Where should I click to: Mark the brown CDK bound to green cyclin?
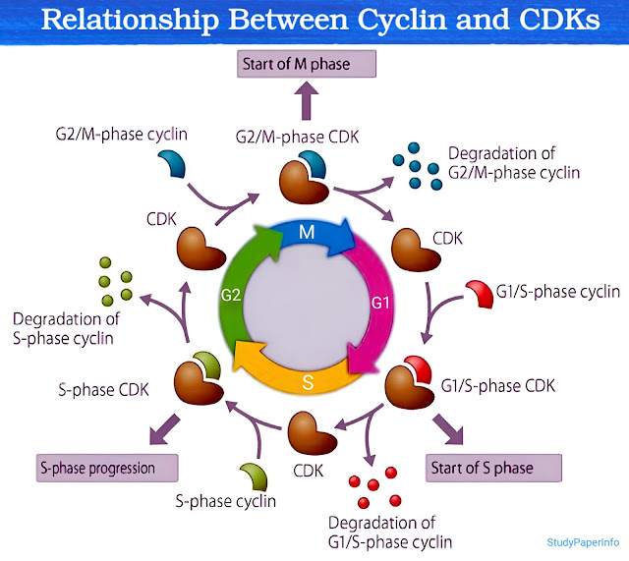(x=199, y=378)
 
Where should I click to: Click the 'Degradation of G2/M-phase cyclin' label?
(x=512, y=163)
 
